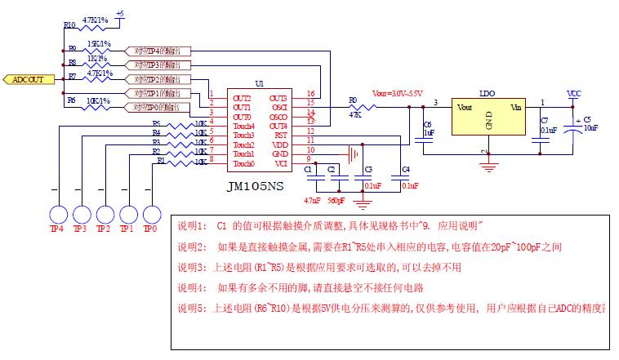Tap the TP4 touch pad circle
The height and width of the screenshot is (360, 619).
click(x=56, y=214)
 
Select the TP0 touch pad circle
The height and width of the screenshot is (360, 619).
click(x=150, y=214)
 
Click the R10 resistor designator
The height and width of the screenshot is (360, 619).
click(x=69, y=25)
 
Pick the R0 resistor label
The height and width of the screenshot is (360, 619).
click(x=353, y=100)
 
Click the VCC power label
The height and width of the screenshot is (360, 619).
click(x=574, y=93)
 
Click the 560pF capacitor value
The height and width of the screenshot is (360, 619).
click(x=336, y=199)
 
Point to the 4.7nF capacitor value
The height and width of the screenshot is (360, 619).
click(x=311, y=199)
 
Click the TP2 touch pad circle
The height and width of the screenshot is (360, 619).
click(x=104, y=214)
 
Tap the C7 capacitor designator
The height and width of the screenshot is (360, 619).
click(x=545, y=121)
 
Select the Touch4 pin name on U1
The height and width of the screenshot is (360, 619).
click(x=244, y=126)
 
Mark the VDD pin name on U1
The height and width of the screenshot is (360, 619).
click(x=280, y=144)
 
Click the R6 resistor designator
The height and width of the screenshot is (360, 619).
click(x=71, y=100)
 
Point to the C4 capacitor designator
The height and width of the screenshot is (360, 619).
click(x=406, y=169)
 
